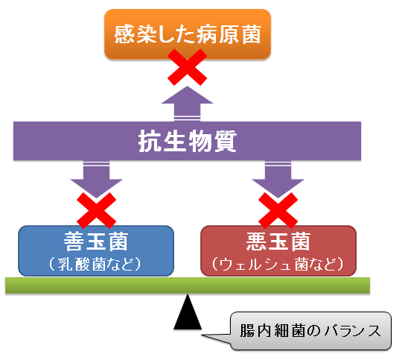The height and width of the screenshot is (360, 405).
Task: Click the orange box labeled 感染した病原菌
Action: pos(188,34)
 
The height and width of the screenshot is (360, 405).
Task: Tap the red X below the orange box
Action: pos(188,67)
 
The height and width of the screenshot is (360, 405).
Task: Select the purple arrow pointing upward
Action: pos(188,104)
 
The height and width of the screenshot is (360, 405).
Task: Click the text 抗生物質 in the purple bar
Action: pos(188,141)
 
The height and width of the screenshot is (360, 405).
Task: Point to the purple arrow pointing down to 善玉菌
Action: pos(96,180)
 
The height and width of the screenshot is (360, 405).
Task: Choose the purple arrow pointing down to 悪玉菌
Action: pos(278,180)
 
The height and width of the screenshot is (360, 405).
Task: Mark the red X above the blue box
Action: pos(96,210)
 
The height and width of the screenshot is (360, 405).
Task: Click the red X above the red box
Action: pos(278,210)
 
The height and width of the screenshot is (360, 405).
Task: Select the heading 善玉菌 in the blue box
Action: pos(96,241)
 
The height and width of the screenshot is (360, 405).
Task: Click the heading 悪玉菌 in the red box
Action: pos(278,241)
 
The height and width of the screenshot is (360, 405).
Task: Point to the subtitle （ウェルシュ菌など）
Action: pos(278,264)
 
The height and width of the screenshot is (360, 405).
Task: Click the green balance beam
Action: pos(188,285)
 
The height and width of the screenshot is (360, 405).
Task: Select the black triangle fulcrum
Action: pos(188,312)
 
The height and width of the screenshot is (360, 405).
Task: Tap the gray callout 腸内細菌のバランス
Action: pos(310,331)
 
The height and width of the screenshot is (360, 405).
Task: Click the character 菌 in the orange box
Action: pos(252,34)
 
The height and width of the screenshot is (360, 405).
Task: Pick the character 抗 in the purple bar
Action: pos(150,141)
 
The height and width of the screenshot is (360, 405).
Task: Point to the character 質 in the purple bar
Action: pos(226,141)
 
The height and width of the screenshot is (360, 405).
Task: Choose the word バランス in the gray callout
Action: pos(353,331)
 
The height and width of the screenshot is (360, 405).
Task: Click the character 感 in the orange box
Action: pos(124,34)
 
